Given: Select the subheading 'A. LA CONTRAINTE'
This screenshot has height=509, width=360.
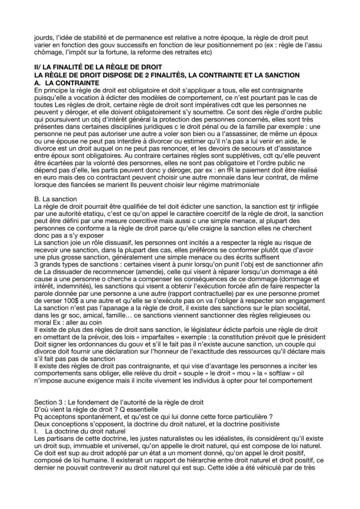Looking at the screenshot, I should pos(66,82).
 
